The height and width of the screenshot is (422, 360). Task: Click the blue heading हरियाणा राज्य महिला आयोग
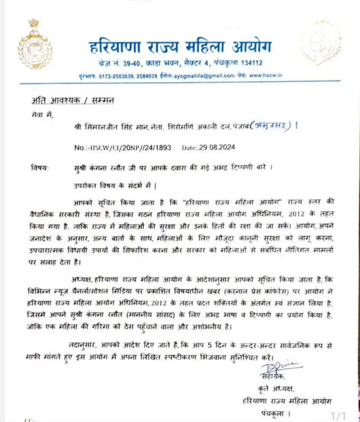coord(181,45)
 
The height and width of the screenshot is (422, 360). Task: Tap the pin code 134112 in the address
coord(250,62)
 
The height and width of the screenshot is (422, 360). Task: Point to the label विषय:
coord(40,168)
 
